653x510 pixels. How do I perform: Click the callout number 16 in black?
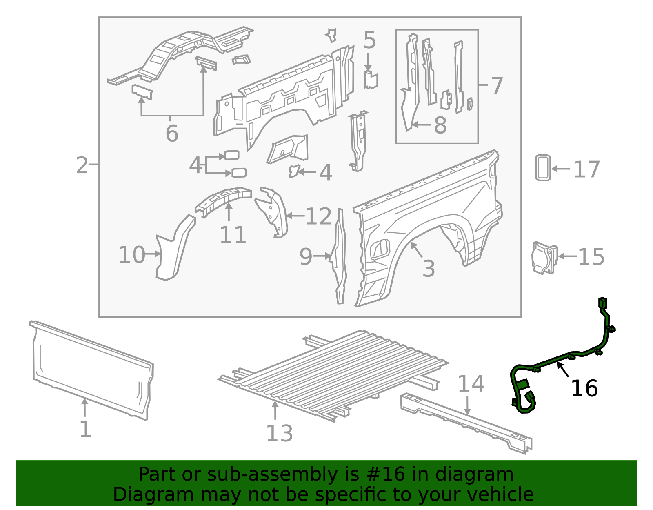(x=584, y=388)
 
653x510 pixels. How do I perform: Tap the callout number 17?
(x=586, y=169)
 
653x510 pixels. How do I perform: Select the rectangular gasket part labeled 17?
(x=543, y=167)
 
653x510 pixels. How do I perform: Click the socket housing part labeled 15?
(x=544, y=257)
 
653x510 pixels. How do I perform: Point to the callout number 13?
(x=280, y=434)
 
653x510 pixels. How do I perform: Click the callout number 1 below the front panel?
(x=85, y=430)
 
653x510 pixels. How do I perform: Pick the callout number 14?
(x=471, y=384)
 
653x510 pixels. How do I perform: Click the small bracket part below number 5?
(x=371, y=80)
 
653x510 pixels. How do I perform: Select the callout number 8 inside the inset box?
(x=440, y=125)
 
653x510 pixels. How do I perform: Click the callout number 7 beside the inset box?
(x=496, y=86)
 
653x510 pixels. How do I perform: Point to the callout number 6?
(x=172, y=133)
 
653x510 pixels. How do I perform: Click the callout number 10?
(x=131, y=255)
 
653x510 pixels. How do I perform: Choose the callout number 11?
(x=233, y=235)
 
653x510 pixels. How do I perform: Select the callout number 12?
(x=318, y=216)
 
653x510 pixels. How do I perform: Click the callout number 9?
(x=306, y=257)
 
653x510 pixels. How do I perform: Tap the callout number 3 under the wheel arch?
(x=429, y=269)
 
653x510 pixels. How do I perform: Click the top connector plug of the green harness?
(x=602, y=303)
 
